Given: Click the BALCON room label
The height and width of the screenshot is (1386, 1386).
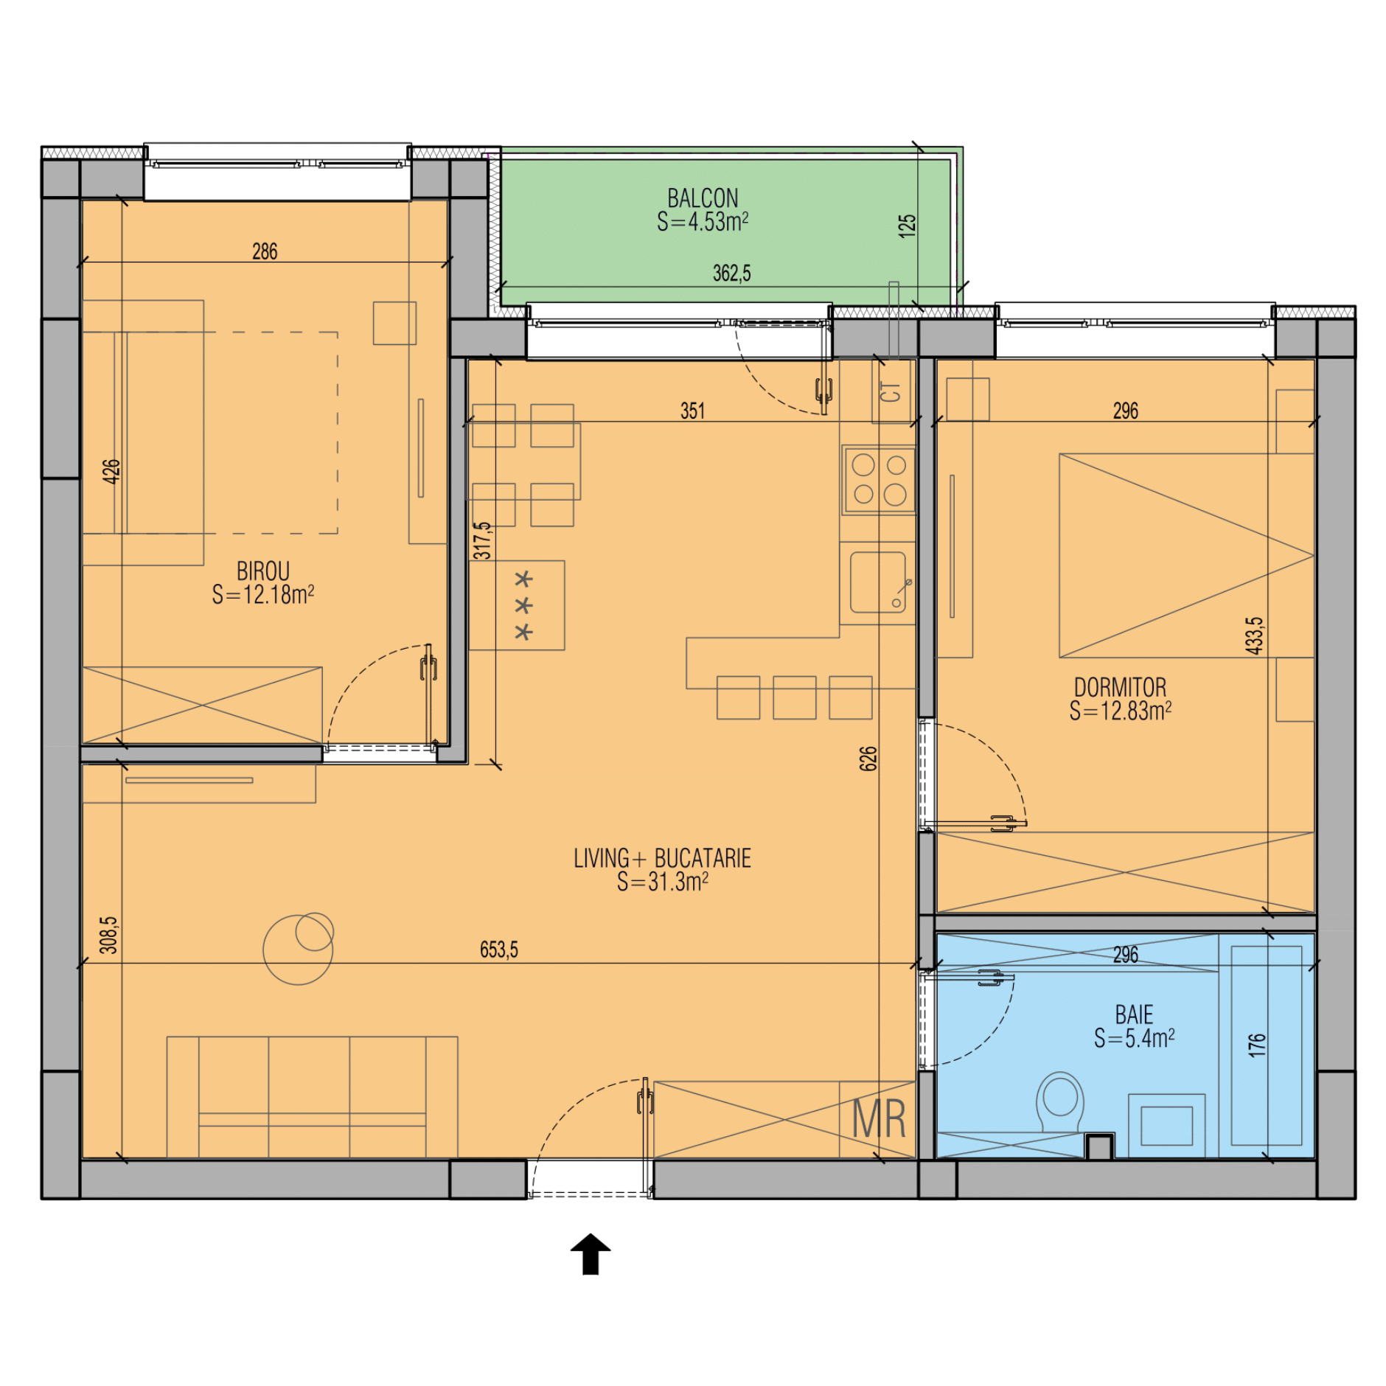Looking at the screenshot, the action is click(703, 198).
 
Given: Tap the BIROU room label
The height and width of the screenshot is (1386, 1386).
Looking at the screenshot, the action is click(262, 571).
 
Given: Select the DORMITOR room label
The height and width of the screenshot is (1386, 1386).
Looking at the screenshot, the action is click(1120, 687).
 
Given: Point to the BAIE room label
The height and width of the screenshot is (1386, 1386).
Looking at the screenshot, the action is click(1134, 1014).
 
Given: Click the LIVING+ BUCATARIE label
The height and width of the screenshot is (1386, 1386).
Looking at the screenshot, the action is click(662, 858).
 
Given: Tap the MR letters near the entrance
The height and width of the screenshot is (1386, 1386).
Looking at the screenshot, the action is click(879, 1119).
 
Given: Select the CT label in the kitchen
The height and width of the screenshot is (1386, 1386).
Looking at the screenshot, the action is click(891, 391).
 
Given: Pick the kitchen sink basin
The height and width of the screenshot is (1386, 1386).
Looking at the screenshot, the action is click(877, 582).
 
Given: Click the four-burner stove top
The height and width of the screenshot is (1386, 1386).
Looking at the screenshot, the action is click(879, 480).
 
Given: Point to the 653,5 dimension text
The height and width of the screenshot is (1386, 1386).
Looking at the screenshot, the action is click(499, 949).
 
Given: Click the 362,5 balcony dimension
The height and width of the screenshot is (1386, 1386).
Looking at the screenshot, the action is click(731, 274).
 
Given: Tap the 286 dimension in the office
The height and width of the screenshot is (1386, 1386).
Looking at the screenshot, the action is click(265, 251).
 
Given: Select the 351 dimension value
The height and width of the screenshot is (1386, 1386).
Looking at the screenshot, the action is click(692, 411).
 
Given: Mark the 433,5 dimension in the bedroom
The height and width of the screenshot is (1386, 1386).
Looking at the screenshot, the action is click(1254, 635).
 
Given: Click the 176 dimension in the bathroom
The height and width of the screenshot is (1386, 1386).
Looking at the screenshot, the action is click(1257, 1045).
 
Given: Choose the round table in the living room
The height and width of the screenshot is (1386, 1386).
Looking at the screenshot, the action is click(299, 949).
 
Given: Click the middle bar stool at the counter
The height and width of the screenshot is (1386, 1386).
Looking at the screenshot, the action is click(794, 697).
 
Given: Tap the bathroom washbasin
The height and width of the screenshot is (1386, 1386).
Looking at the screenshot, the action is click(1166, 1125).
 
